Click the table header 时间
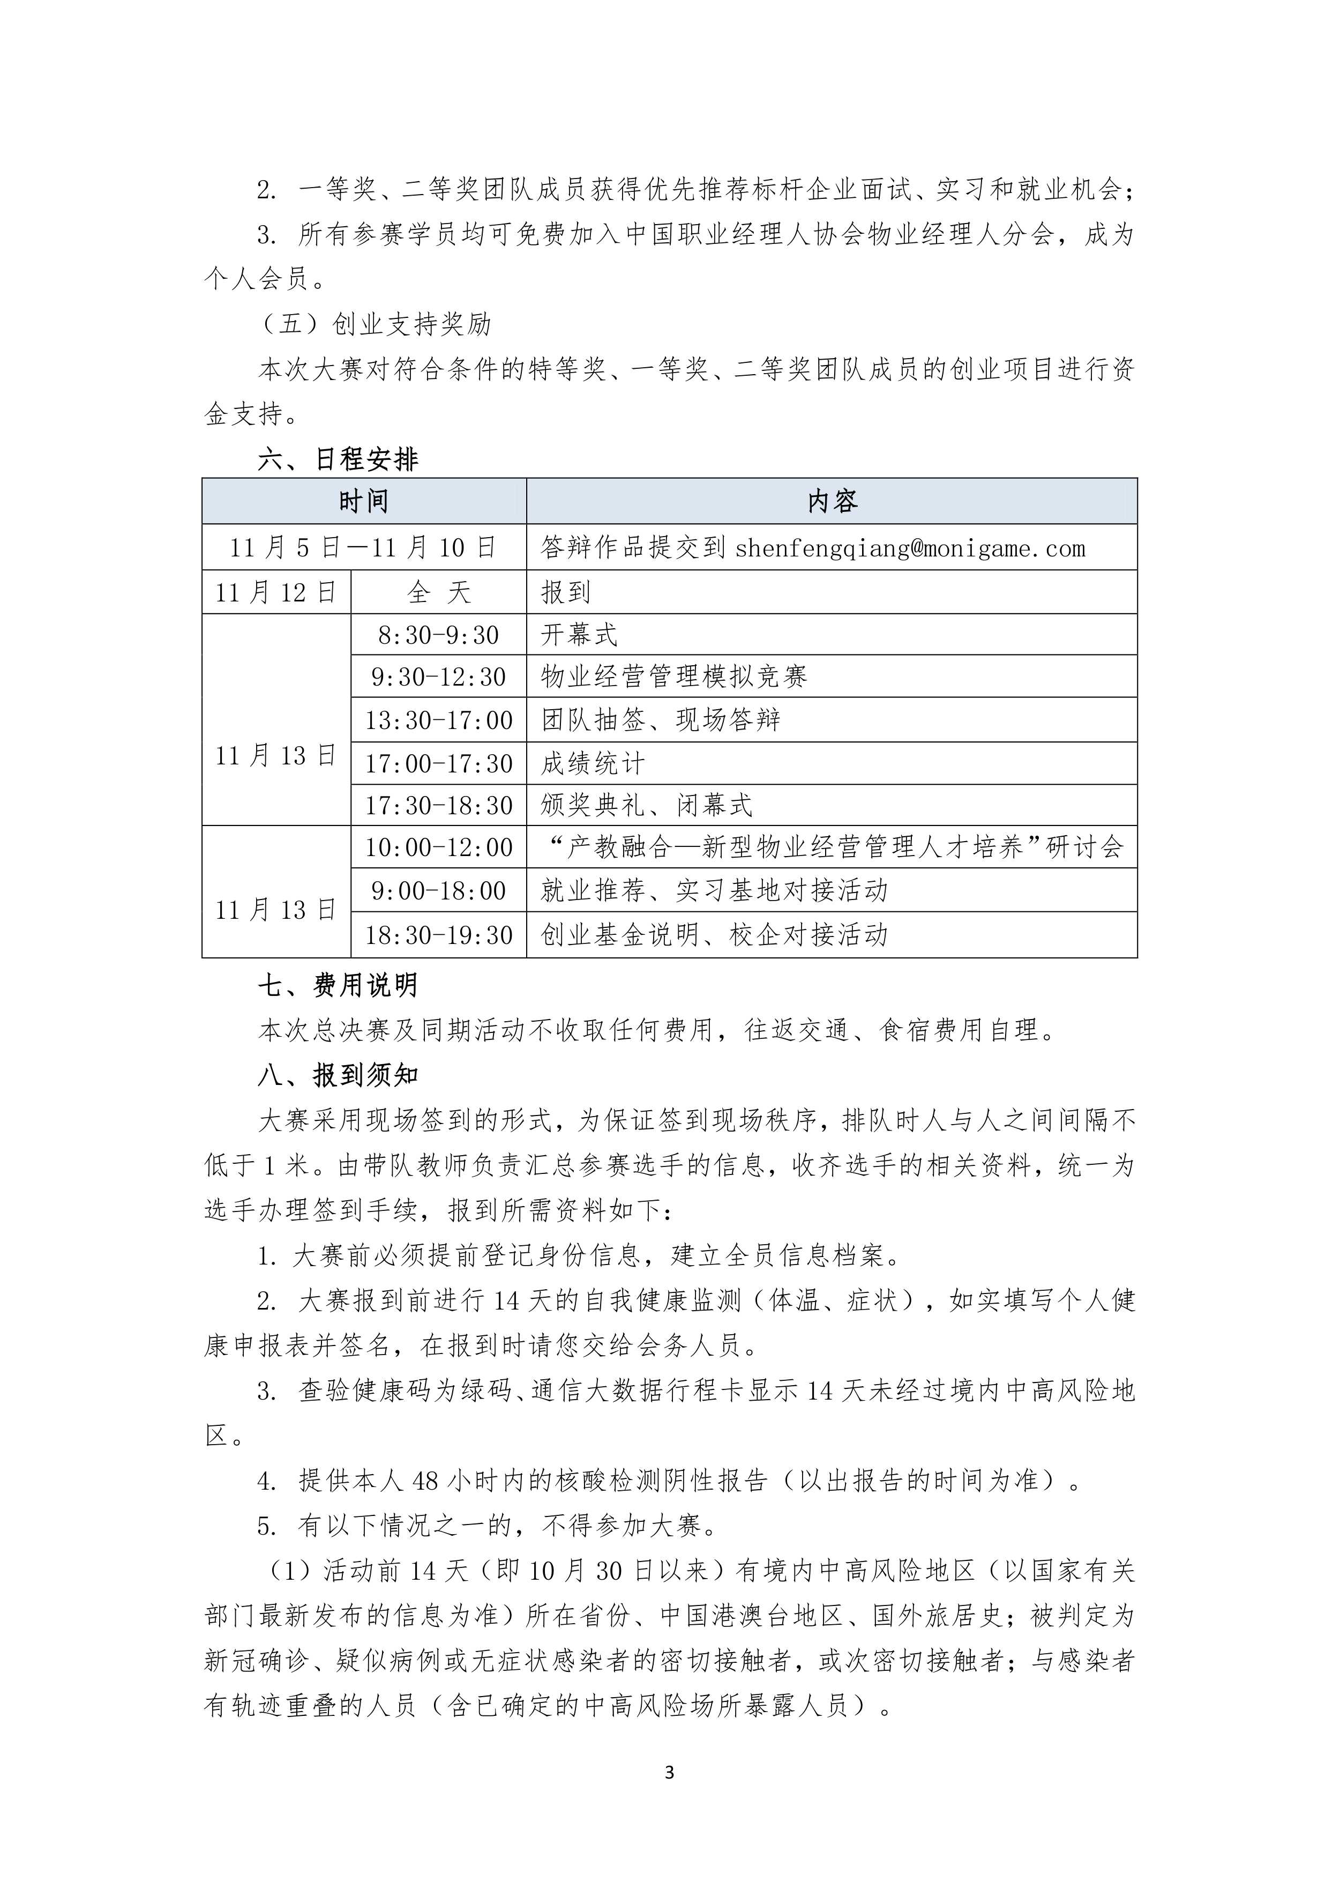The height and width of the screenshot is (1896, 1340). point(363,501)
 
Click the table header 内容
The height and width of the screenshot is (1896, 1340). point(832,501)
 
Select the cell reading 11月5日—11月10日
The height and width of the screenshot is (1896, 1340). point(363,547)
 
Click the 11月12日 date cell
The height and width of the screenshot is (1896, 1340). point(276,592)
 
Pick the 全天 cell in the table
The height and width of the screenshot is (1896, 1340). point(438,592)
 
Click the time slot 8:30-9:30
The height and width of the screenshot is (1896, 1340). point(438,635)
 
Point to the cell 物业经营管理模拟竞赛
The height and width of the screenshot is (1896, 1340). point(673,677)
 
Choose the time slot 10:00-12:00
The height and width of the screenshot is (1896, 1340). point(438,847)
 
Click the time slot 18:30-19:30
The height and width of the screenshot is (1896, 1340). point(438,935)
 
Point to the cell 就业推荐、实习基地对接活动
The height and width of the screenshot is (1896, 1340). point(714,890)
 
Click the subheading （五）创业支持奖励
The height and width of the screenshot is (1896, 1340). point(376,324)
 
